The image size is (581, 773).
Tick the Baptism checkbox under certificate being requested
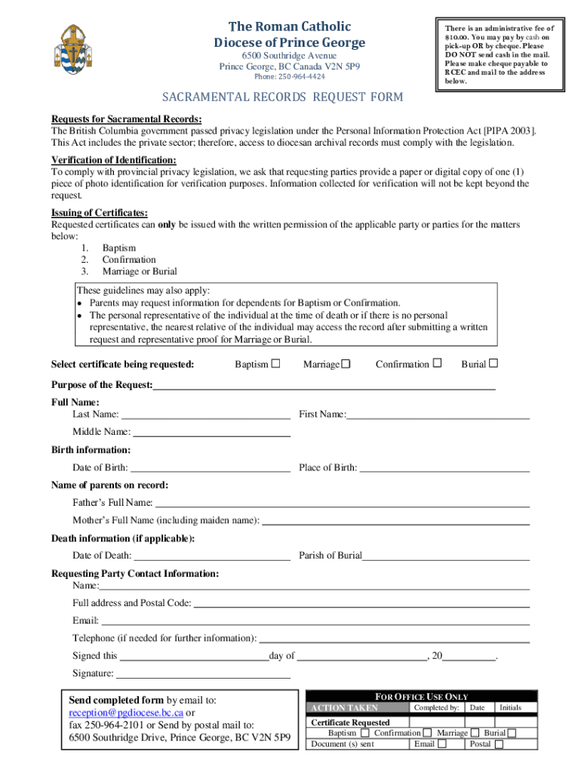pos(275,364)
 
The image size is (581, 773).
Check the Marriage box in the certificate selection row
pos(346,364)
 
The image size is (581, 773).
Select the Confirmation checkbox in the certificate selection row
pos(437,363)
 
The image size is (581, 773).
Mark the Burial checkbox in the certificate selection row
pos(493,363)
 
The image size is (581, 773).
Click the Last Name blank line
pos(205,416)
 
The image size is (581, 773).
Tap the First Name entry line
pos(438,416)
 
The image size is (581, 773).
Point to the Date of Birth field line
pos(210,470)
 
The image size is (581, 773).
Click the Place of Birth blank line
pos(444,470)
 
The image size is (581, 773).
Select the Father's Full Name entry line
pos(342,505)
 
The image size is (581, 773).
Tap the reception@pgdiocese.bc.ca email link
pos(126,713)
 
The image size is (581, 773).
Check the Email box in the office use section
pos(442,744)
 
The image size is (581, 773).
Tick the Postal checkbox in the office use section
pos(499,744)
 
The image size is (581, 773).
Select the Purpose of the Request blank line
pos(324,387)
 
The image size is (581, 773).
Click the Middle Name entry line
pos(211,435)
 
